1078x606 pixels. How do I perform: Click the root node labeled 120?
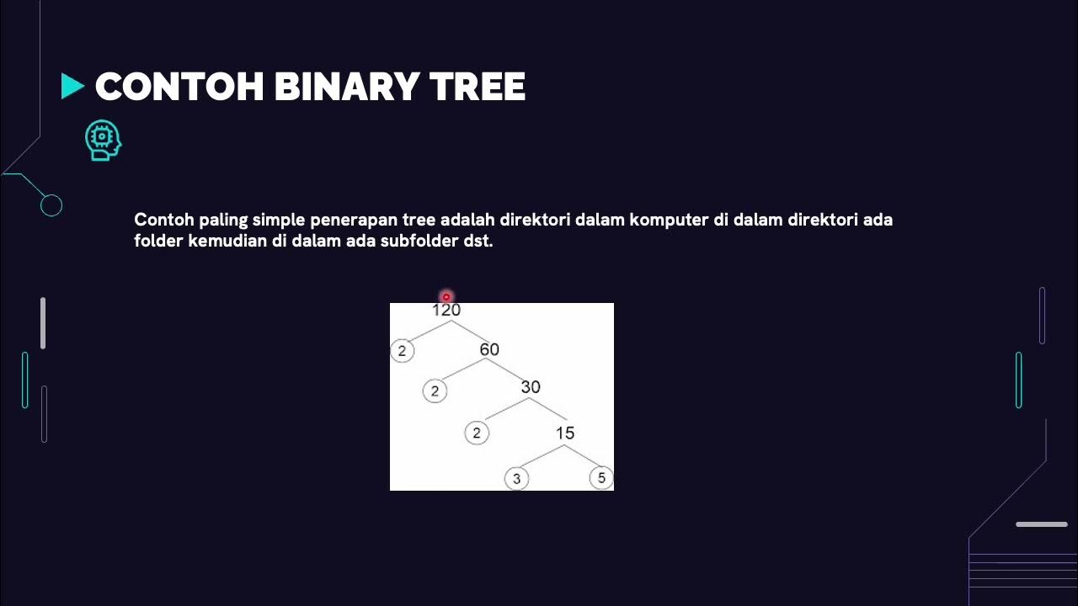pyautogui.click(x=446, y=311)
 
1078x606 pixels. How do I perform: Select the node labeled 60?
pyautogui.click(x=489, y=349)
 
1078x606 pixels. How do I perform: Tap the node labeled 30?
pyautogui.click(x=531, y=387)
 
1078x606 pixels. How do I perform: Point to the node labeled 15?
pyautogui.click(x=565, y=433)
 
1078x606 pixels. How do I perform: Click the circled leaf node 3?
pyautogui.click(x=516, y=479)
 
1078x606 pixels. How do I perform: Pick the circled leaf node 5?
pyautogui.click(x=601, y=478)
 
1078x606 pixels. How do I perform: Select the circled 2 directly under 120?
pyautogui.click(x=402, y=351)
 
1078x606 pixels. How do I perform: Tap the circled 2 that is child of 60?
pyautogui.click(x=435, y=391)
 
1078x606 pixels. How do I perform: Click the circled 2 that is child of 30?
pyautogui.click(x=477, y=433)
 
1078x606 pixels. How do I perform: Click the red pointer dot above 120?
pyautogui.click(x=446, y=297)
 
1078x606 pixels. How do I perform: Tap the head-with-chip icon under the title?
pyautogui.click(x=103, y=141)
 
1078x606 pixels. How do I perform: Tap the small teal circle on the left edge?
pyautogui.click(x=51, y=205)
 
